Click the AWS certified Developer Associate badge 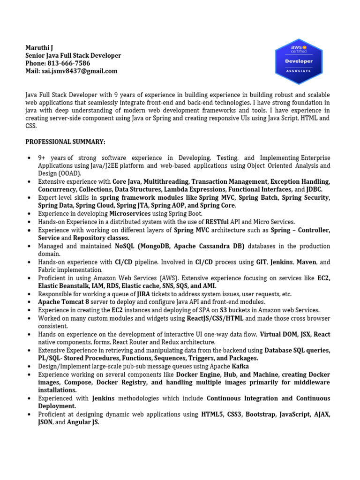tap(299, 61)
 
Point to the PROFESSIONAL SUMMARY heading tap(65, 142)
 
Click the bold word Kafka tap(240, 366)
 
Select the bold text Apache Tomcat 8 tap(63, 302)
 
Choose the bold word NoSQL tap(125, 246)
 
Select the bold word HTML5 tap(212, 414)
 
